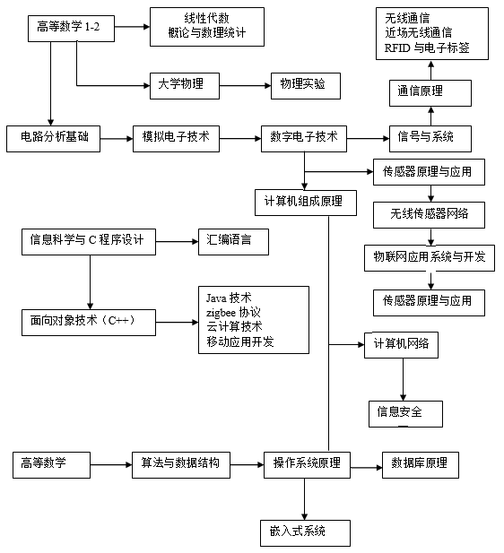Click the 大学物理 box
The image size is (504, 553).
click(x=185, y=86)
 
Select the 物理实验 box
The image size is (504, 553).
click(x=306, y=86)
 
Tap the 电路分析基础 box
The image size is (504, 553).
click(x=53, y=139)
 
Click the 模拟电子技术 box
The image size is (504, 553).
click(x=176, y=139)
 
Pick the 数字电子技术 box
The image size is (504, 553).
click(x=304, y=139)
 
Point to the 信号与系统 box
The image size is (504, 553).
click(x=430, y=139)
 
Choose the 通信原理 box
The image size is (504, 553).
click(x=430, y=93)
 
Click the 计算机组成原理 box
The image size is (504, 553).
click(x=306, y=203)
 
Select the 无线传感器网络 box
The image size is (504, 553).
click(x=430, y=215)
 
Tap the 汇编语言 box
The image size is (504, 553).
click(x=234, y=242)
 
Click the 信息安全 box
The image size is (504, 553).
click(x=405, y=414)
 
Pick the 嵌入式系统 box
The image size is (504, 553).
click(x=305, y=533)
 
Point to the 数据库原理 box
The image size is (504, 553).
click(x=421, y=465)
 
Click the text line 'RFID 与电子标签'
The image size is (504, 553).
click(x=427, y=48)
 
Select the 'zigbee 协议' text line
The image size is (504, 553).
click(x=233, y=313)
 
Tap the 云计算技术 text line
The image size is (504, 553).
click(x=234, y=326)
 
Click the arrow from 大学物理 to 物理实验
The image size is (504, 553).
click(x=246, y=86)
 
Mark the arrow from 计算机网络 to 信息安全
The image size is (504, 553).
click(x=403, y=379)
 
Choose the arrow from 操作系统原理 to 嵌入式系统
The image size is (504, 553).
click(x=305, y=499)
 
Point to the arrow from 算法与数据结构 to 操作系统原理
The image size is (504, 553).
click(x=247, y=465)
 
